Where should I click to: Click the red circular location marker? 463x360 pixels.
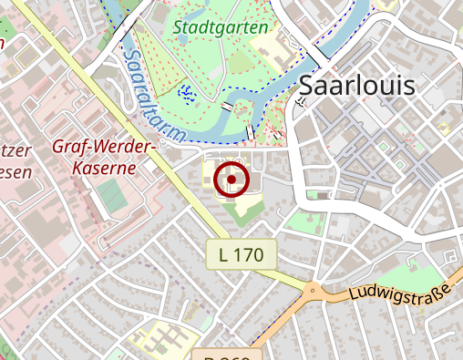tap(232, 180)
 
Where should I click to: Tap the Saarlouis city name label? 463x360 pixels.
tap(356, 87)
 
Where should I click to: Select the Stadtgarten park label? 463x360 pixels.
tap(221, 27)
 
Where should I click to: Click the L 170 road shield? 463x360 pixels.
tap(241, 255)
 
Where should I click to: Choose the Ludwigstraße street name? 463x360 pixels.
tap(401, 293)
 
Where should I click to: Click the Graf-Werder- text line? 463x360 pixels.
tap(106, 147)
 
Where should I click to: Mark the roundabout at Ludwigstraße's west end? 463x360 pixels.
tap(314, 292)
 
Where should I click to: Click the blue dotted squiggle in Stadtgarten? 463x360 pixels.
tap(187, 92)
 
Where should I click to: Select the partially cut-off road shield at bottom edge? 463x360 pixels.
tap(228, 355)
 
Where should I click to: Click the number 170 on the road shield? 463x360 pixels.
tap(248, 255)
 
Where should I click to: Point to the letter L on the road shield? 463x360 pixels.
tap(224, 255)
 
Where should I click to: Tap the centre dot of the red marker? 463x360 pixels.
tap(232, 180)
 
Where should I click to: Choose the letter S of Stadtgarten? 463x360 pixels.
tap(178, 27)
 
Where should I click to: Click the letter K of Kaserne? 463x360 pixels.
tap(77, 168)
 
